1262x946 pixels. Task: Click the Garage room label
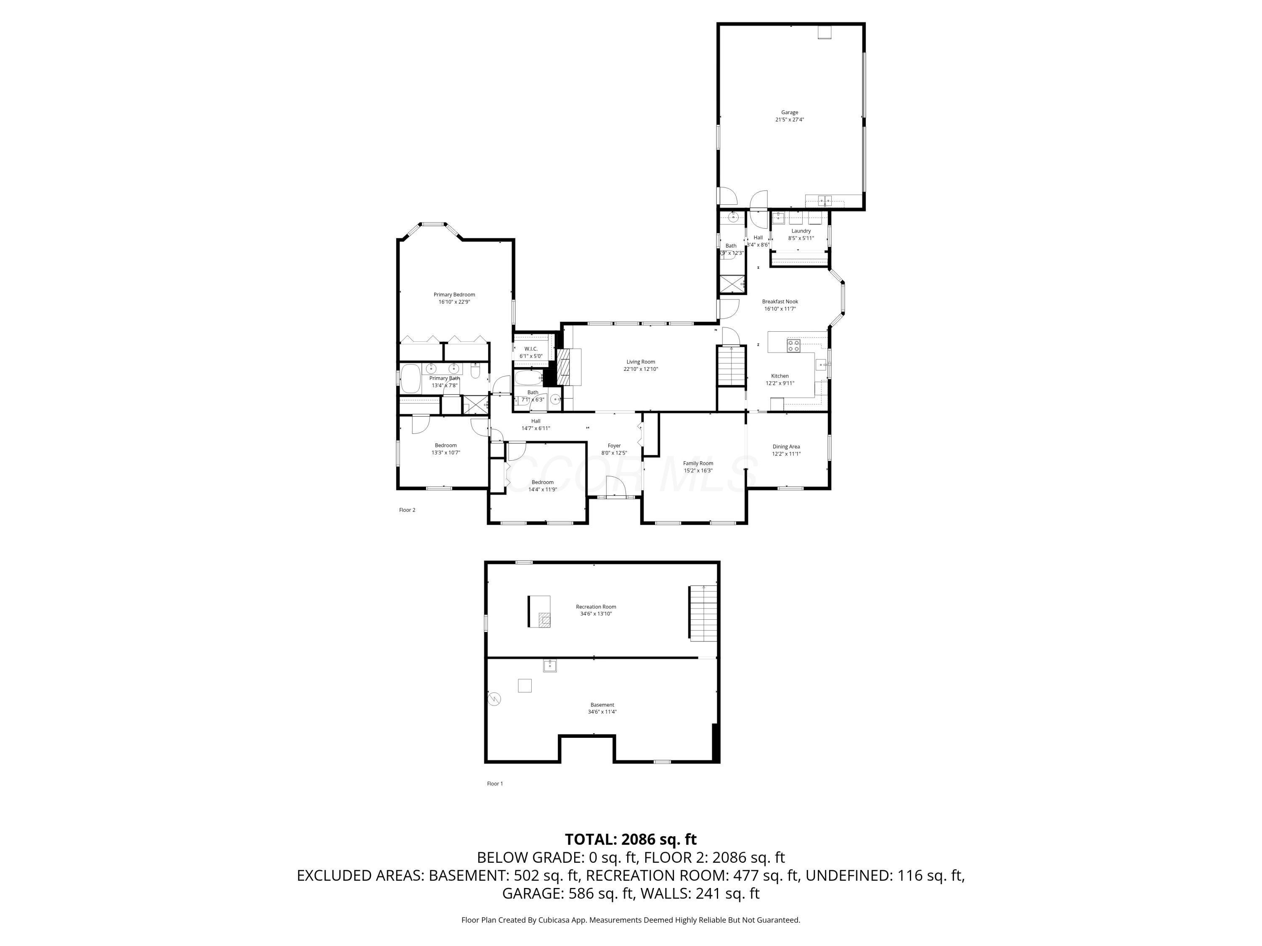pyautogui.click(x=790, y=112)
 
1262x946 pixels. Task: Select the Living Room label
pyautogui.click(x=641, y=362)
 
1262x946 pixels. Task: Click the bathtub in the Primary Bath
pyautogui.click(x=410, y=379)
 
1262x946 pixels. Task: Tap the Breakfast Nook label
pyautogui.click(x=780, y=301)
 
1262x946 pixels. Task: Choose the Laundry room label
pyautogui.click(x=801, y=231)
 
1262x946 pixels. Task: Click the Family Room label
pyautogui.click(x=698, y=463)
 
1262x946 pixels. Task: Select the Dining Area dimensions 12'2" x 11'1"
pyautogui.click(x=786, y=454)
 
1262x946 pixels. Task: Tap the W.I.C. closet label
pyautogui.click(x=530, y=349)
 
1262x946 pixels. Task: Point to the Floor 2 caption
pyautogui.click(x=407, y=510)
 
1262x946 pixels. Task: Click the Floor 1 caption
pyautogui.click(x=495, y=783)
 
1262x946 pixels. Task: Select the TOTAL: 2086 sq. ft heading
pyautogui.click(x=631, y=839)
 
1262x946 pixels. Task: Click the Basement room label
pyautogui.click(x=602, y=705)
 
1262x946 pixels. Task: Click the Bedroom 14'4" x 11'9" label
pyautogui.click(x=542, y=482)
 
